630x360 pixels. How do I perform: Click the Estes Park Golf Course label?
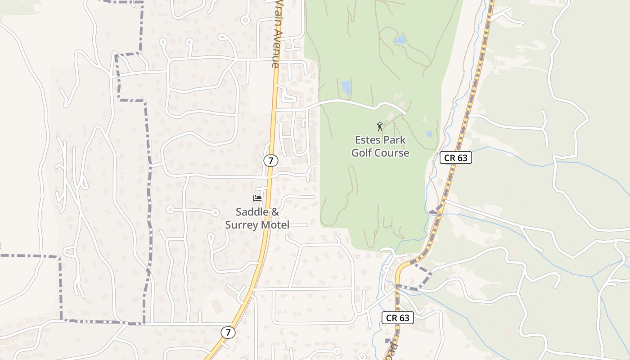pos(380,146)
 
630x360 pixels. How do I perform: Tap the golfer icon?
pos(380,126)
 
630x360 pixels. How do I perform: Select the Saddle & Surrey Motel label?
pos(257,218)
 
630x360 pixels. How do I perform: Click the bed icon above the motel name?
pos(257,198)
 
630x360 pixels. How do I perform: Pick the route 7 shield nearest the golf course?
pos(270,161)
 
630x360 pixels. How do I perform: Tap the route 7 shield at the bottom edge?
pos(228,333)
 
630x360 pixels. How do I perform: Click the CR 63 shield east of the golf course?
pos(455,157)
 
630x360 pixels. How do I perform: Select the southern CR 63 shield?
pos(398,318)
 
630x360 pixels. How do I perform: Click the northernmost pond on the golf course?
pos(400,40)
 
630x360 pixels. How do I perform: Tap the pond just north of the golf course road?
pos(346,87)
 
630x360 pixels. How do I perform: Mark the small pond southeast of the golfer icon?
pos(429,134)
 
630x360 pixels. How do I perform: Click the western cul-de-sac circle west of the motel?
pos(170,209)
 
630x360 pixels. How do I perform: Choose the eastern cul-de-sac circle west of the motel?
pos(215,212)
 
